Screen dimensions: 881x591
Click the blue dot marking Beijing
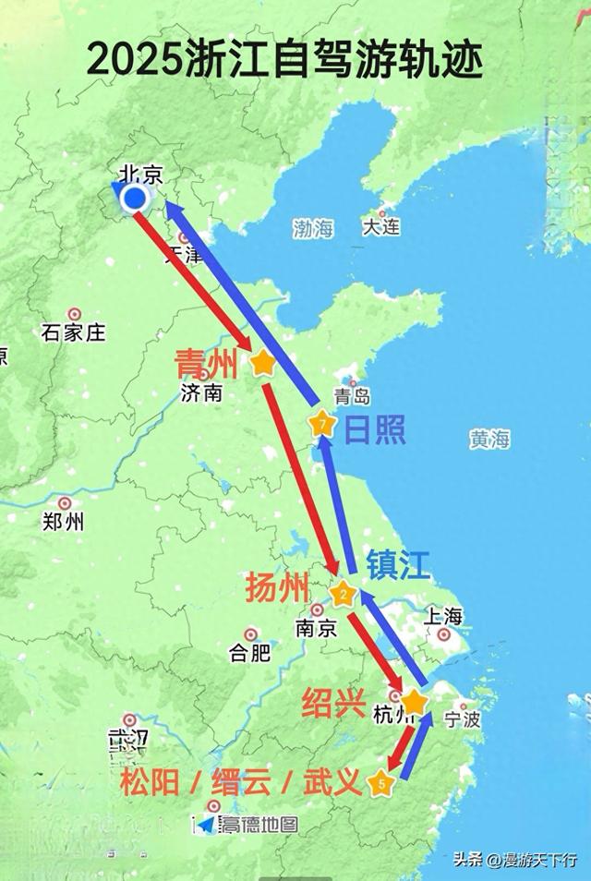(x=135, y=198)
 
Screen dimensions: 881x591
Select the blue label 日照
(x=375, y=428)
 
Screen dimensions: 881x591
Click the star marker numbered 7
(x=321, y=425)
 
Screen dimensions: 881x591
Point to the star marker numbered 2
(x=343, y=594)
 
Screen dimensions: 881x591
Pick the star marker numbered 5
(x=381, y=784)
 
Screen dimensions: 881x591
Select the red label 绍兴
(x=333, y=704)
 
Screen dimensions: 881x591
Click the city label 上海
(x=443, y=615)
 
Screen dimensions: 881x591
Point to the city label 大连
(x=380, y=226)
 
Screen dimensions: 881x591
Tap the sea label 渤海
(x=313, y=230)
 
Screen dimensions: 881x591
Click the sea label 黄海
(x=488, y=440)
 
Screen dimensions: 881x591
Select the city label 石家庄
(x=74, y=333)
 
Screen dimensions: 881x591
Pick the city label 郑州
(x=63, y=522)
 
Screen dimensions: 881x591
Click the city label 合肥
(x=249, y=654)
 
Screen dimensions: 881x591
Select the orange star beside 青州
(x=263, y=362)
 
